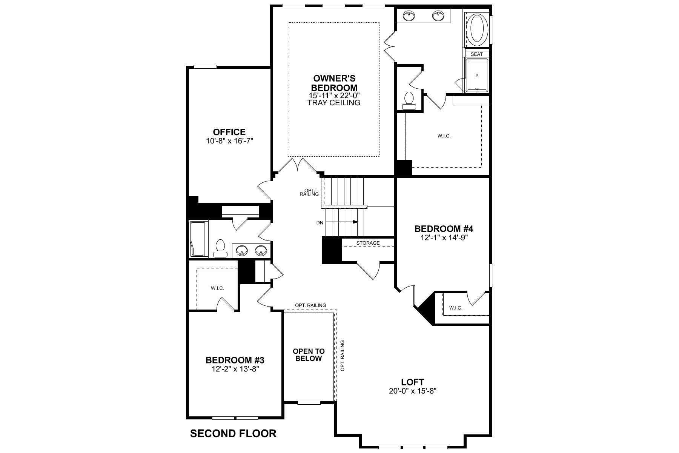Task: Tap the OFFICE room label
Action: coord(229,132)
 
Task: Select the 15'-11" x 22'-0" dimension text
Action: coord(334,96)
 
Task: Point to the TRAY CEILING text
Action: coord(334,103)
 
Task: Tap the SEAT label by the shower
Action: coord(477,54)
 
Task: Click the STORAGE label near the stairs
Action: coord(368,243)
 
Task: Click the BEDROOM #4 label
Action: coord(444,229)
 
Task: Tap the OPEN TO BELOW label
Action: coord(309,355)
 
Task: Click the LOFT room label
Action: coord(412,382)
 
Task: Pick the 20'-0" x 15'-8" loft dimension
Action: coord(413,391)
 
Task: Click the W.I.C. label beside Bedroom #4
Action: coord(456,308)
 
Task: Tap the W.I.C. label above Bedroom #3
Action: coord(217,288)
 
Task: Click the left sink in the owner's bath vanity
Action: coord(409,16)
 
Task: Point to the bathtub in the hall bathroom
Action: coord(198,239)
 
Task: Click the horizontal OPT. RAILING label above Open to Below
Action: coord(311,305)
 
